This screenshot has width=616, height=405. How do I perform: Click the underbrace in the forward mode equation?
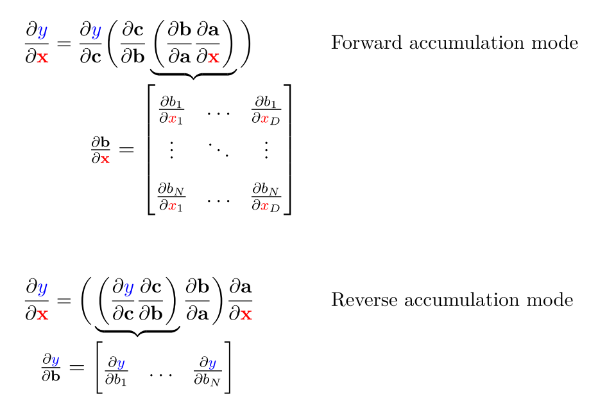(x=193, y=75)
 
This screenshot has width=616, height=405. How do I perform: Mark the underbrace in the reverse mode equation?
(x=137, y=332)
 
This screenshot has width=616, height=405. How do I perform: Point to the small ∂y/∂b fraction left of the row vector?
(x=51, y=367)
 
